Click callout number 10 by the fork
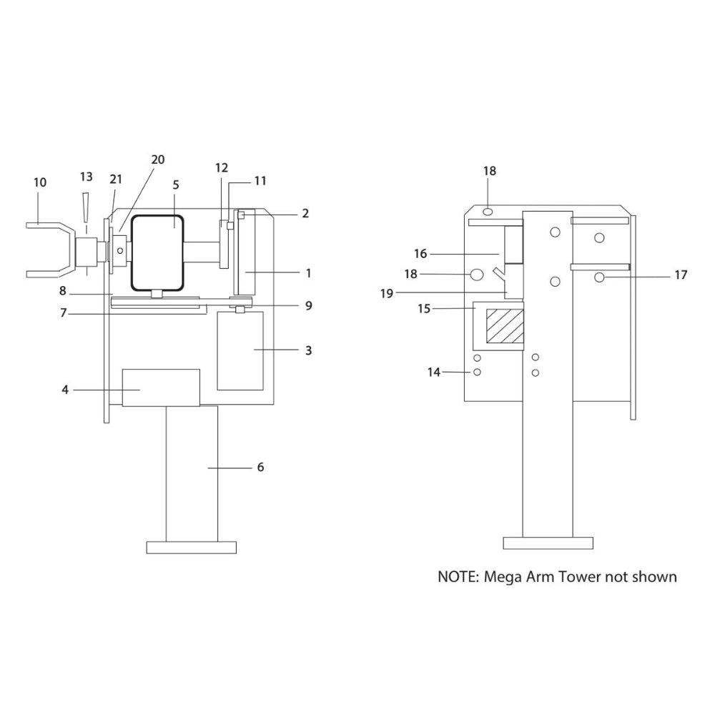point(40,182)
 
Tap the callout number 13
point(87,176)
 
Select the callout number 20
point(157,159)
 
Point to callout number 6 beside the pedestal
point(260,467)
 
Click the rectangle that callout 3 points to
point(240,350)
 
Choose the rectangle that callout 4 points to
point(161,388)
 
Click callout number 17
point(680,274)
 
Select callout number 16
point(420,253)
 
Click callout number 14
point(434,372)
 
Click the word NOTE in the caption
point(456,576)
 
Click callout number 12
point(222,167)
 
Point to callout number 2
point(305,213)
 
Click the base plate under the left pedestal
point(191,548)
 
